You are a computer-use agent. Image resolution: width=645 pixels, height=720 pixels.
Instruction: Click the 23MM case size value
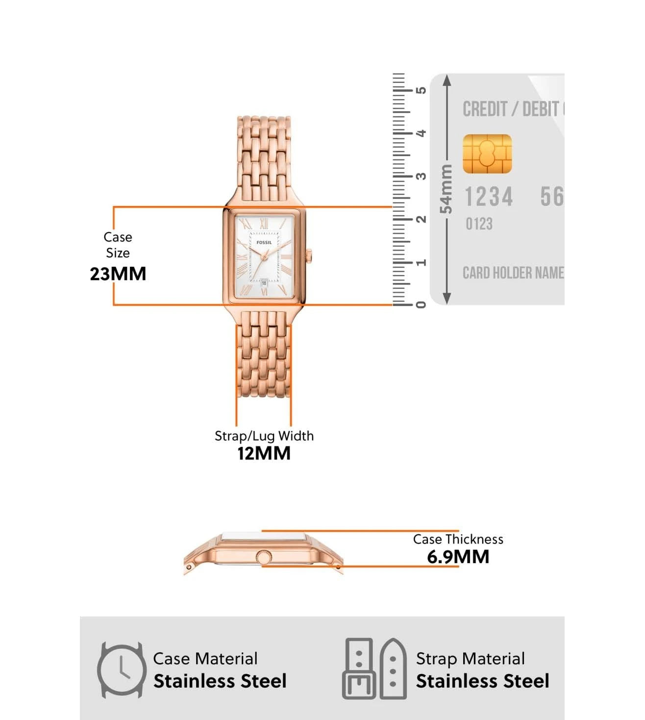118,274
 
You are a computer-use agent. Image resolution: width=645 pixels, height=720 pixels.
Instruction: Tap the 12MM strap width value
264,453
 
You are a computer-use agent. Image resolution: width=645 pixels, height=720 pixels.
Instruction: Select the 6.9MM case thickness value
458,557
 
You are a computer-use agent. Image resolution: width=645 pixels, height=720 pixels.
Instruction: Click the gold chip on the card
487,154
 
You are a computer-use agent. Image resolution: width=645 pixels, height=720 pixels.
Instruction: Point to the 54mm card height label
446,189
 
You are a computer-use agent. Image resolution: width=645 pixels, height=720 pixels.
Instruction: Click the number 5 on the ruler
421,90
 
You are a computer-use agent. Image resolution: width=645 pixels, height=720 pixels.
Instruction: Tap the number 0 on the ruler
421,305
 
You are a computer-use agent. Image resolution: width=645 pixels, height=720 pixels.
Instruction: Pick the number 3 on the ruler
421,176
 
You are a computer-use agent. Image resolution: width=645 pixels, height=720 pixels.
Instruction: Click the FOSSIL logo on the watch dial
264,242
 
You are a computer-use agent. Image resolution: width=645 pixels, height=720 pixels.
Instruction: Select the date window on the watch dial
264,283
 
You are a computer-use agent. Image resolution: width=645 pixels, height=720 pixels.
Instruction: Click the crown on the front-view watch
309,256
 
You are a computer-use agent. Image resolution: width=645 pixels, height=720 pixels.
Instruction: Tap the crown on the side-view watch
264,557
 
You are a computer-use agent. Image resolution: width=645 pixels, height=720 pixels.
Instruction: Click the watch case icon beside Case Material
121,670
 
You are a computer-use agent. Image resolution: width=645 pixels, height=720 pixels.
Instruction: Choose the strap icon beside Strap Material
375,669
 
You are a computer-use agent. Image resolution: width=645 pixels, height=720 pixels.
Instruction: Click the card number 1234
488,197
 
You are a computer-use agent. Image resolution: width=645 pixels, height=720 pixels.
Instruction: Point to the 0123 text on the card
479,224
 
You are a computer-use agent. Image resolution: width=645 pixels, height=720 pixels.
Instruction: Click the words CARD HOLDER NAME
513,273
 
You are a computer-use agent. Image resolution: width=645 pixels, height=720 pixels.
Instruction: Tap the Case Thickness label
458,540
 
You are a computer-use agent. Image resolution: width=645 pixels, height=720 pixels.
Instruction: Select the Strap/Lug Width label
264,436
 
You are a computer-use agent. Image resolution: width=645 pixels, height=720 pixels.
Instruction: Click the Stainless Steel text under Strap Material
482,681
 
